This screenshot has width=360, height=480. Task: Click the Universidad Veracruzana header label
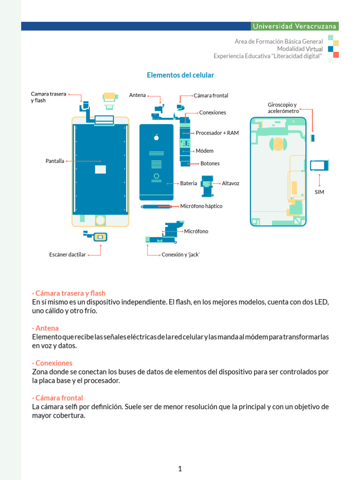coord(294,26)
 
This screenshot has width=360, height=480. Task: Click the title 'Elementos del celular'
coord(180,75)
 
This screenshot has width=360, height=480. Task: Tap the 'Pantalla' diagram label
coord(55,161)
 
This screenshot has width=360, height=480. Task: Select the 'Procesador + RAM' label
coord(217,133)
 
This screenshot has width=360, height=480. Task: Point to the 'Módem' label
coord(204,150)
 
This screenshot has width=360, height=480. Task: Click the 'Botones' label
coord(210,163)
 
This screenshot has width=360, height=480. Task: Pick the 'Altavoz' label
coord(231,183)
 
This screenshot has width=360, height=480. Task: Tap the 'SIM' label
coord(319,192)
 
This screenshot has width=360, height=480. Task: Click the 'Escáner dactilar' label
coord(67,255)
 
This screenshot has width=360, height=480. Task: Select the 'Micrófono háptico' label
coord(201,206)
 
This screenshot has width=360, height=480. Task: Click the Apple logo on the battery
coord(157,137)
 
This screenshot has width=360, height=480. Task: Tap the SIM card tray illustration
coord(320,165)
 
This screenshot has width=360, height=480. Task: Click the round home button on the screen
coord(100,220)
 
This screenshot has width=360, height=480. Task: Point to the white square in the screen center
coord(100,169)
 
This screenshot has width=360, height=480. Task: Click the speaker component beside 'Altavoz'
coord(207,184)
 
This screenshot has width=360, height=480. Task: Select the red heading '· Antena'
coord(45,328)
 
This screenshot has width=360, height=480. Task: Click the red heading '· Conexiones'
coord(52,363)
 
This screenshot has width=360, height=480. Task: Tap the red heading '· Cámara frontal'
coord(58,398)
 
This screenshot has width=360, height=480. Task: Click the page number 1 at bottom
coord(180,469)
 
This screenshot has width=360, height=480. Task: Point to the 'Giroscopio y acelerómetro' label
coord(283,108)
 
